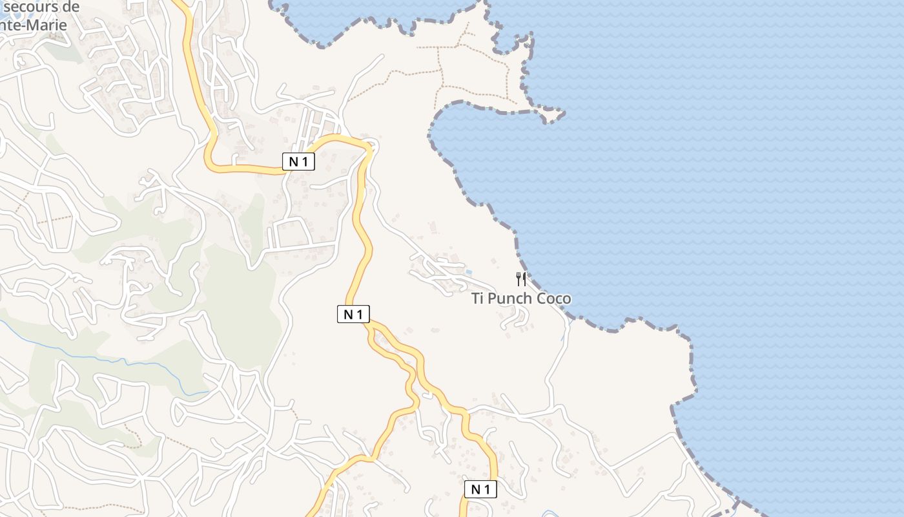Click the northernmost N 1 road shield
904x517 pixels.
coord(298,162)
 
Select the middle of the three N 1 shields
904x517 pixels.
coord(353,314)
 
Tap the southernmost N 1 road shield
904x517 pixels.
coord(480,489)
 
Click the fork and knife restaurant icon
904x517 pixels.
coord(521,279)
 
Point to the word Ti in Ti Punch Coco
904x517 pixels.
coord(478,299)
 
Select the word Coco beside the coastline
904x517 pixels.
coord(555,299)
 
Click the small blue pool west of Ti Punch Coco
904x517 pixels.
coord(469,271)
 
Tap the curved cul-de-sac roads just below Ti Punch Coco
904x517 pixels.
coord(517,317)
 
